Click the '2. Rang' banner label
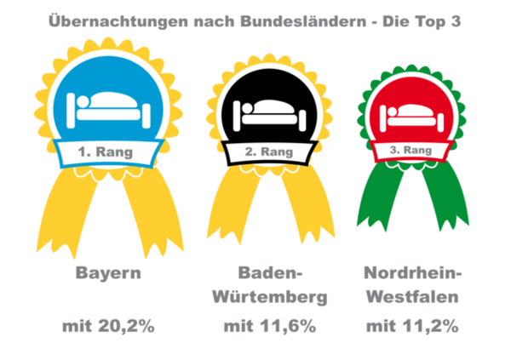[x=269, y=151]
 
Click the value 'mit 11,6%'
[x=270, y=327]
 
